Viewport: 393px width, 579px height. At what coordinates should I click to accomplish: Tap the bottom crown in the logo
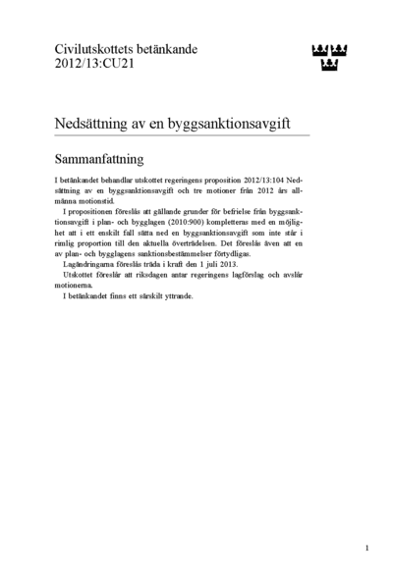330,66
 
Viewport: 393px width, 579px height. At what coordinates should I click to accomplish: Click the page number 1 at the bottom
366,548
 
